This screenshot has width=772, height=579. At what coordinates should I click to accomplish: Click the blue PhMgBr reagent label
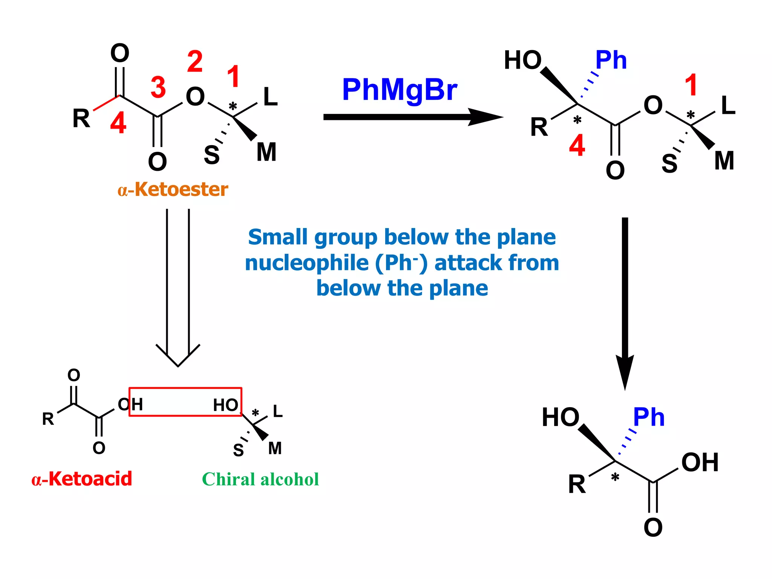(399, 90)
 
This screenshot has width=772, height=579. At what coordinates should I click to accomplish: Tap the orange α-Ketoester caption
(173, 189)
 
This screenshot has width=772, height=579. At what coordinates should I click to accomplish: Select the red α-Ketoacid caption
(82, 479)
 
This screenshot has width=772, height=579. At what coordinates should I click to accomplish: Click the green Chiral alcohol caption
(260, 479)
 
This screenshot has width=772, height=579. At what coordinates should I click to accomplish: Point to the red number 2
(195, 62)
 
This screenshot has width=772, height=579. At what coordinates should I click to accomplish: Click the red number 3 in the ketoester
(158, 87)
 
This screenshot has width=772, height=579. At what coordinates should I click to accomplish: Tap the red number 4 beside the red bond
(118, 123)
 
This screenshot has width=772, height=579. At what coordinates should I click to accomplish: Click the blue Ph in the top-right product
(611, 60)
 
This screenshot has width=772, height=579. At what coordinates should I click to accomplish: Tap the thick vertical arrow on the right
(625, 302)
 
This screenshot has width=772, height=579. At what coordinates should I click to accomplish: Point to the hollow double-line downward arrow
(178, 286)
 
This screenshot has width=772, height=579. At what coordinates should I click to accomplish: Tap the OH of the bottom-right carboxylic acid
(700, 463)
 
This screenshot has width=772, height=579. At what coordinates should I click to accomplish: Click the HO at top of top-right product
(522, 60)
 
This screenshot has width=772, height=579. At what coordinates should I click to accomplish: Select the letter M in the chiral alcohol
(275, 449)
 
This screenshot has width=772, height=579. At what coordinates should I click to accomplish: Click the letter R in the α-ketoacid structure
(48, 419)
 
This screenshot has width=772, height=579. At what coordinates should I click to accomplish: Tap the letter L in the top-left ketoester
(270, 97)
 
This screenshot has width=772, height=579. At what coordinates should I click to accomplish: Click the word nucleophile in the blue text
(306, 263)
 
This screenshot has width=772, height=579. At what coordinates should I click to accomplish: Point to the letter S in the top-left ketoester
(211, 155)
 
